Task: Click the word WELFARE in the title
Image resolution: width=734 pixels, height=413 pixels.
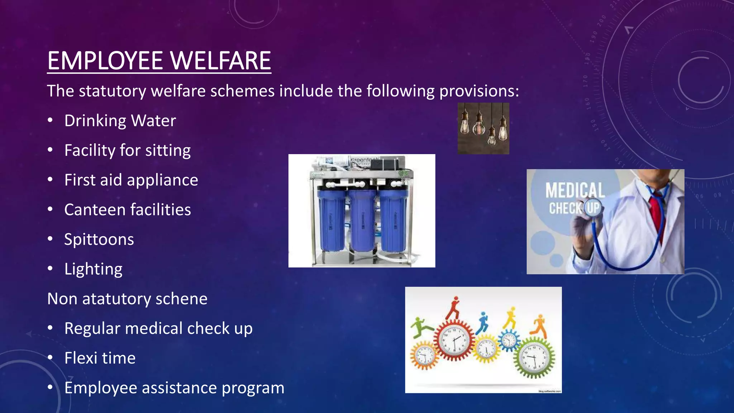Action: pos(220,61)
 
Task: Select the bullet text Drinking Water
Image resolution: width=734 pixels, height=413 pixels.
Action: pos(120,121)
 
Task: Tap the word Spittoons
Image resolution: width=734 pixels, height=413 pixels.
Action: pos(99,239)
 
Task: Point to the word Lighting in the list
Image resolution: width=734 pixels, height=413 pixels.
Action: pos(93,269)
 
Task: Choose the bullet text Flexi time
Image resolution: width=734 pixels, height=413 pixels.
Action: pos(100,358)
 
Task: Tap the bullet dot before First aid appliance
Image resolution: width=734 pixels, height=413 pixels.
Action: pos(50,179)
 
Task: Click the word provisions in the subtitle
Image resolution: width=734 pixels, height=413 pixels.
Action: pos(479,91)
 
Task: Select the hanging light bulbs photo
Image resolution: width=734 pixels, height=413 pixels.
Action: pos(483,128)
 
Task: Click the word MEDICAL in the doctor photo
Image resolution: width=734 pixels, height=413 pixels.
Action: pos(575,190)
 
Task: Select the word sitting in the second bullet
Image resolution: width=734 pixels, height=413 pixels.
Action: pos(168,151)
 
